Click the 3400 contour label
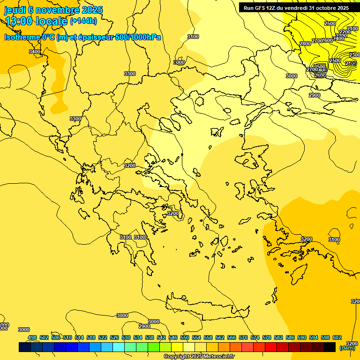[x=35, y=52]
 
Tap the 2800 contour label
[x=305, y=44]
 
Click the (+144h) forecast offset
[x=83, y=21]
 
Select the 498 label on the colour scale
[x=32, y=337]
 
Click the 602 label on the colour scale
[x=337, y=337]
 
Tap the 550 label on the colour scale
[x=185, y=337]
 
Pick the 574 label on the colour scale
[x=255, y=337]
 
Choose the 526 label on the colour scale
[x=114, y=337]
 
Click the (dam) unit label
[x=347, y=348]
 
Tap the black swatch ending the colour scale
[x=330, y=347]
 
